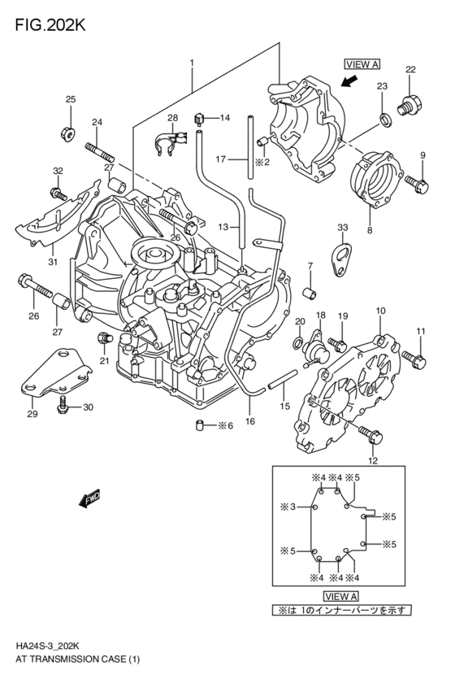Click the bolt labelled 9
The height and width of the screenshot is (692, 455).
[x=416, y=185]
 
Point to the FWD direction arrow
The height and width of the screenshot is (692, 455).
[x=89, y=498]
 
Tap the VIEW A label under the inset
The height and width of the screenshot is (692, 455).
[x=341, y=596]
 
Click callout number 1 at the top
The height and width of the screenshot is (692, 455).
[x=192, y=63]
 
